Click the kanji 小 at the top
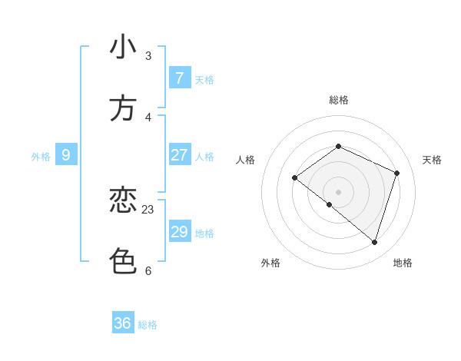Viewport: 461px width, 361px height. pyautogui.click(x=123, y=47)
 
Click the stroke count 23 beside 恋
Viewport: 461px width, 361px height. pyautogui.click(x=148, y=209)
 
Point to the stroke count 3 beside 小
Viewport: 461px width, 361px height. pyautogui.click(x=148, y=55)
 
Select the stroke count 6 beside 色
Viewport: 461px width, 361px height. pyautogui.click(x=148, y=270)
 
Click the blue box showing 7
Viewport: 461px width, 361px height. pyautogui.click(x=179, y=78)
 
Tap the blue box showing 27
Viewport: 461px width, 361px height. pyautogui.click(x=179, y=155)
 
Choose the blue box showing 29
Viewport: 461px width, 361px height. pyautogui.click(x=179, y=232)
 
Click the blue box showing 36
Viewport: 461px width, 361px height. pyautogui.click(x=123, y=323)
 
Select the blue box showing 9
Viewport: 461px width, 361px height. pyautogui.click(x=66, y=155)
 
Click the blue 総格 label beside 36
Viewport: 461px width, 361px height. pyautogui.click(x=148, y=325)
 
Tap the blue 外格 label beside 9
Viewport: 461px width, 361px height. pyautogui.click(x=41, y=157)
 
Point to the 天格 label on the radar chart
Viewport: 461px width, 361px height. pyautogui.click(x=432, y=160)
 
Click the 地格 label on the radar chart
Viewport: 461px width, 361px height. pyautogui.click(x=403, y=263)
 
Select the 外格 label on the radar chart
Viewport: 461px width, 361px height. pyautogui.click(x=270, y=263)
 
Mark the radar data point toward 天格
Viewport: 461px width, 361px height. pyautogui.click(x=396, y=173)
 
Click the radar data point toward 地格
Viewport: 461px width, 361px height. pyautogui.click(x=374, y=242)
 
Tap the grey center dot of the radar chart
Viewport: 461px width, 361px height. pyautogui.click(x=338, y=191)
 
